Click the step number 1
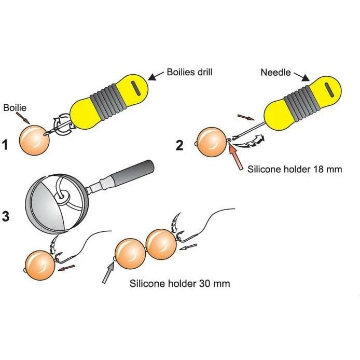pyautogui.click(x=6, y=145)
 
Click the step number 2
pyautogui.click(x=179, y=145)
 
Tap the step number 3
pyautogui.click(x=6, y=216)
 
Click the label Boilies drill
pyautogui.click(x=189, y=72)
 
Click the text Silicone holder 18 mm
pyautogui.click(x=295, y=169)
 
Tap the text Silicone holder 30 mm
pyautogui.click(x=179, y=284)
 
